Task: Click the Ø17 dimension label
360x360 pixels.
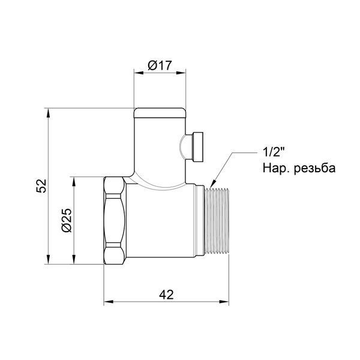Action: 160,65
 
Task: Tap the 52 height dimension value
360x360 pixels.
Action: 41,186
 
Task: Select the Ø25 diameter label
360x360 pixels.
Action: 67,220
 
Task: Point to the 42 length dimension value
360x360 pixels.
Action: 166,295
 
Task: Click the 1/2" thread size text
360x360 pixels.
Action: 274,152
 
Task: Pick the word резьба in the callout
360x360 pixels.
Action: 315,168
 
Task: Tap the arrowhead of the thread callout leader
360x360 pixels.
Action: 212,183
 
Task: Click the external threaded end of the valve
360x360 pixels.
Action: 217,221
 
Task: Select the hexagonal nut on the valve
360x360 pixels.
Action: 115,220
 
